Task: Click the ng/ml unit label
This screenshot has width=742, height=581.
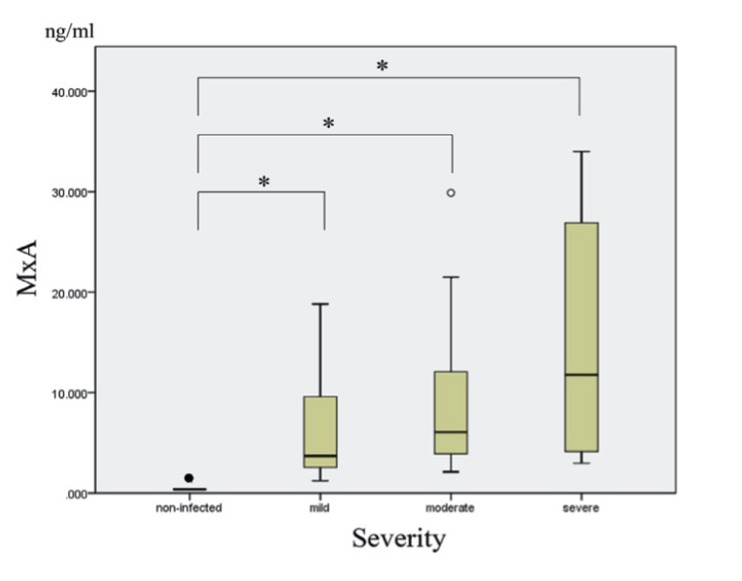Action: click(69, 31)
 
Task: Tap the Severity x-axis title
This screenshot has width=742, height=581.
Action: click(398, 537)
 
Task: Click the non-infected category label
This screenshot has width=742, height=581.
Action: click(190, 508)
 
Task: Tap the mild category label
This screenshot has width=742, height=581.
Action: click(320, 508)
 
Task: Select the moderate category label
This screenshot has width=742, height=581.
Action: click(451, 508)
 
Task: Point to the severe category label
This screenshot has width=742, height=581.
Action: click(581, 508)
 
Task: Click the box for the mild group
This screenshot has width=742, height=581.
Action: click(320, 431)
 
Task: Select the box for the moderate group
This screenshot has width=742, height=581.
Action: click(451, 413)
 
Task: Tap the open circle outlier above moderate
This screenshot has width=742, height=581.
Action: click(451, 192)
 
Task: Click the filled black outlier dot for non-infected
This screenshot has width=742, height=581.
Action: click(189, 478)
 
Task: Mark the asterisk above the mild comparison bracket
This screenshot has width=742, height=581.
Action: click(263, 182)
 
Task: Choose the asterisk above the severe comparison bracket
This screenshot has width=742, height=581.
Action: click(382, 66)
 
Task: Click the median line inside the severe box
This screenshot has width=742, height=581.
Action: click(581, 374)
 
